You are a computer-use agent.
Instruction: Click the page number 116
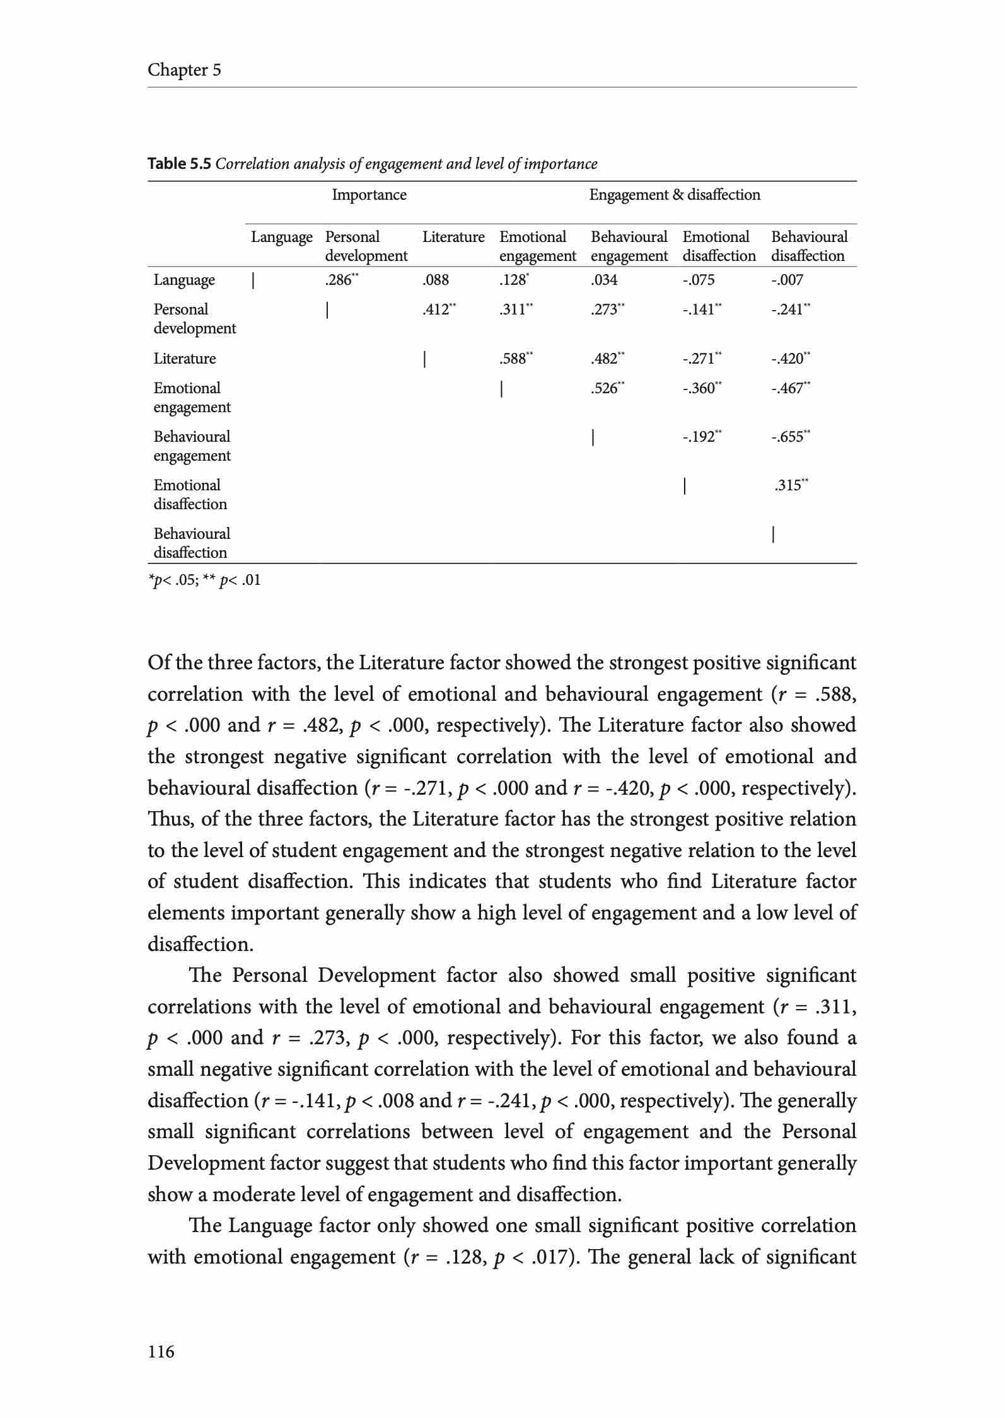pyautogui.click(x=161, y=1351)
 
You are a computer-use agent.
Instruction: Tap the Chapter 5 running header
pyautogui.click(x=184, y=69)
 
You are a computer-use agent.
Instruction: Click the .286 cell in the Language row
pyautogui.click(x=340, y=280)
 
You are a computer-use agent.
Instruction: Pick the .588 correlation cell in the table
pyautogui.click(x=515, y=359)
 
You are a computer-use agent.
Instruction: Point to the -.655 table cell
pyautogui.click(x=790, y=437)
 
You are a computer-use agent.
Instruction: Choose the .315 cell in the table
pyautogui.click(x=791, y=485)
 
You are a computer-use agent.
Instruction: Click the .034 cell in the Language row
pyautogui.click(x=604, y=280)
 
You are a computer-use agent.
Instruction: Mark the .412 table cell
pyautogui.click(x=438, y=309)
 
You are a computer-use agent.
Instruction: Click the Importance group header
pyautogui.click(x=369, y=195)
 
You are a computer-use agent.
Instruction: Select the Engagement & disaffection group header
pyautogui.click(x=675, y=195)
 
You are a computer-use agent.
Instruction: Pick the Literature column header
pyautogui.click(x=453, y=237)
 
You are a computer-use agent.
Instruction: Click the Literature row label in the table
pyautogui.click(x=185, y=359)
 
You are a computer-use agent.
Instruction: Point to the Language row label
pyautogui.click(x=184, y=280)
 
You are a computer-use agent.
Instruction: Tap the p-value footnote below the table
pyautogui.click(x=204, y=580)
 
